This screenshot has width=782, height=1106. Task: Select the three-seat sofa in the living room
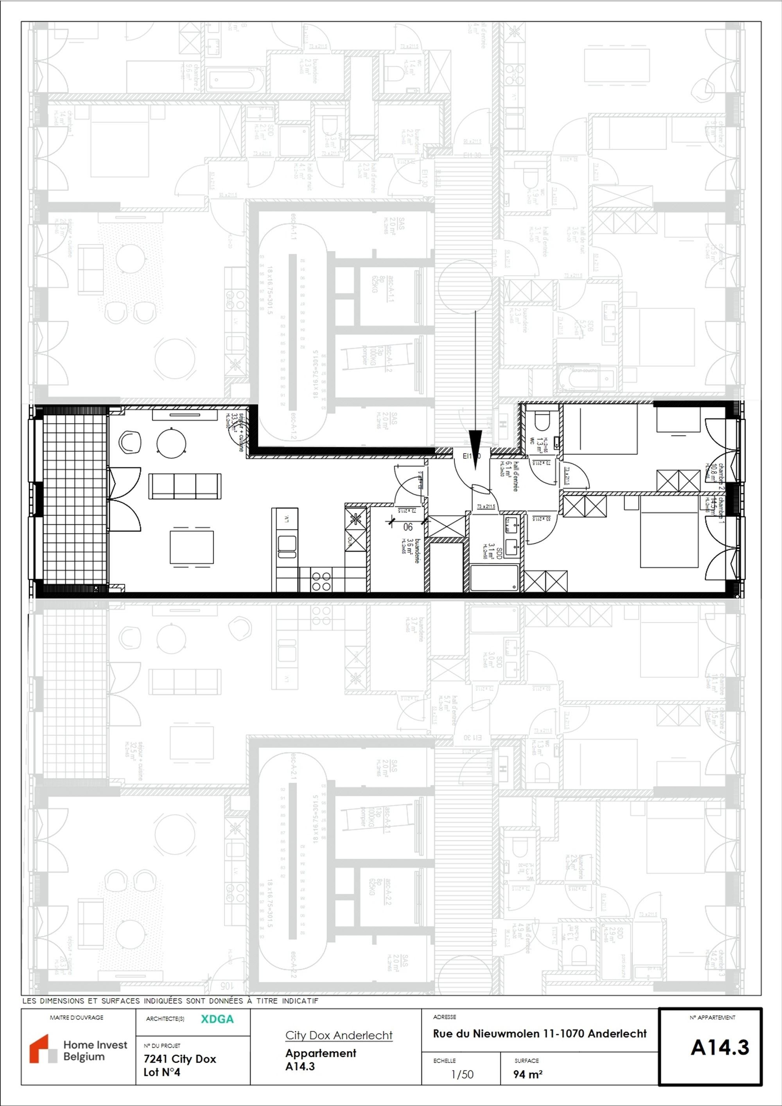[185, 486]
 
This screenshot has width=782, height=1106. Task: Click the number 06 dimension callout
[408, 527]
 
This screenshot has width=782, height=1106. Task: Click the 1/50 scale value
[462, 1074]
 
